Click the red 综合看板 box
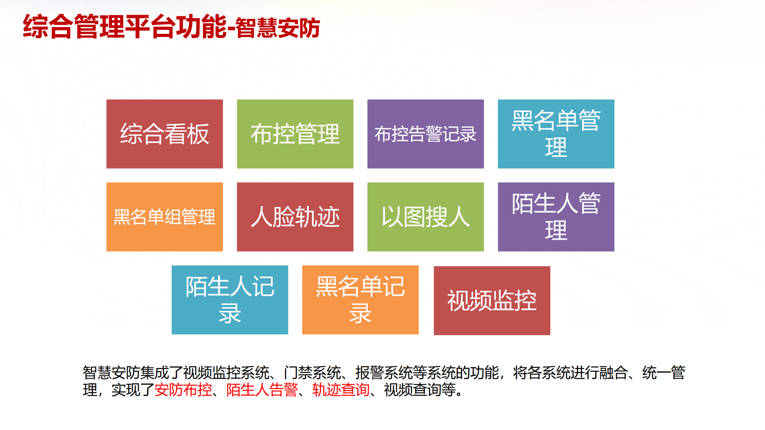(165, 134)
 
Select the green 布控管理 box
(295, 134)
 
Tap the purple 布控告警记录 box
(426, 134)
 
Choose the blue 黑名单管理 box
(556, 134)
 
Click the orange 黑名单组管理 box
(165, 217)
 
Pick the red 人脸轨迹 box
(295, 217)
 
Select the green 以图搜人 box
(426, 217)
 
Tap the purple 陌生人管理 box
(556, 217)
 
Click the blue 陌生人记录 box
(230, 300)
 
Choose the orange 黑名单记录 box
(360, 300)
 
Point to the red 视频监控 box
(492, 301)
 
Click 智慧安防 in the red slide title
(278, 28)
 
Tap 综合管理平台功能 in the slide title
(125, 27)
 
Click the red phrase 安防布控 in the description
(183, 390)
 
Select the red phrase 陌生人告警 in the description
(262, 390)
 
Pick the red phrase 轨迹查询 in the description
(341, 390)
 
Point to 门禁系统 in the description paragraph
(312, 373)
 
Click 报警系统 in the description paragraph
(384, 373)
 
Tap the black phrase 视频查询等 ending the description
(420, 390)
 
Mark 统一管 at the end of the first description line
(664, 373)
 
